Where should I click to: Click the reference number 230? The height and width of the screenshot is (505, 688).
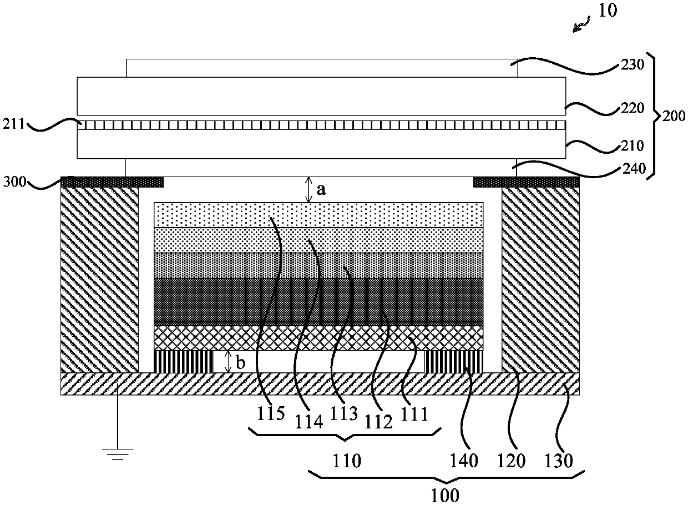(633, 65)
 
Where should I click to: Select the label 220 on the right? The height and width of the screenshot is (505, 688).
(633, 108)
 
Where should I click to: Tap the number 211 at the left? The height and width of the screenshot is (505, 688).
(14, 124)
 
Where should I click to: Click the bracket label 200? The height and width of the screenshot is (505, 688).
(674, 116)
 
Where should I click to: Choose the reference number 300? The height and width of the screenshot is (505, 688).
(15, 181)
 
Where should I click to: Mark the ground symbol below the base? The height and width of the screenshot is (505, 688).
(118, 454)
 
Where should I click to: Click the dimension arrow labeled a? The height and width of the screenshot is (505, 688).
(309, 190)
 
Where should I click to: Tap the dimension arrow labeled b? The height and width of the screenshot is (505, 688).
(228, 362)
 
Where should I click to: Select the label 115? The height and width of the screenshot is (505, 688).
(271, 413)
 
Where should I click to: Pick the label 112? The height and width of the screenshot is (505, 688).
(378, 422)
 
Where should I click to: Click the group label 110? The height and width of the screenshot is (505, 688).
(347, 461)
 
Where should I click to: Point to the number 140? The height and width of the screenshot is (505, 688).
(464, 461)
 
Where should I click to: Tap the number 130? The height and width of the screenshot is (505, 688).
(559, 461)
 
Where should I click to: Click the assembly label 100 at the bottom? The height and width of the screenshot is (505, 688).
(445, 495)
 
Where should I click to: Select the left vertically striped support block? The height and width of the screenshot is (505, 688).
(183, 362)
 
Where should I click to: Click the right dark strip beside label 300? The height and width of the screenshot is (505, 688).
(527, 182)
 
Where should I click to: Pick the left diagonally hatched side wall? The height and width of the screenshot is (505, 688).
(100, 280)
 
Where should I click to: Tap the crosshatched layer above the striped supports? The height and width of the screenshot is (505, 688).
(318, 338)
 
